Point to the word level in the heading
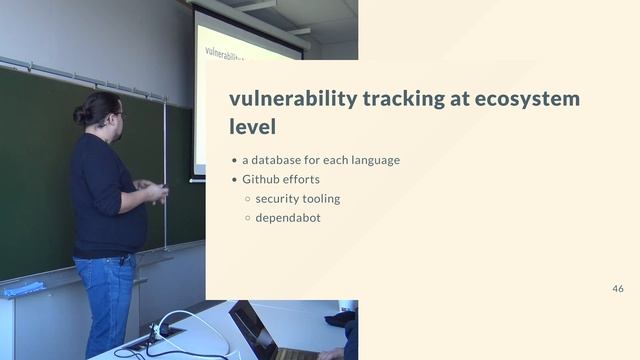tap(252, 128)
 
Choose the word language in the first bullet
tap(372, 160)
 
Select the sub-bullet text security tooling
tap(298, 198)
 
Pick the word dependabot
tap(288, 217)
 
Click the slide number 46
tap(618, 288)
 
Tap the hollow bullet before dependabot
tap(247, 217)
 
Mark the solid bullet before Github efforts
tap(234, 180)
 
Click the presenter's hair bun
tap(80, 116)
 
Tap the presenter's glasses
tap(121, 117)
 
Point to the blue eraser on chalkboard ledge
tap(22, 289)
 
